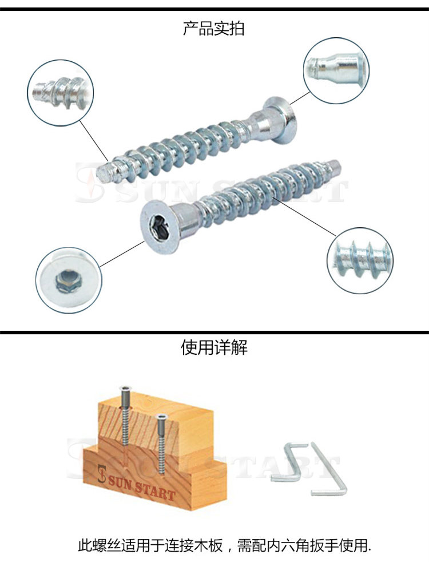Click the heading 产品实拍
coord(214,28)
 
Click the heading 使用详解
coord(214,347)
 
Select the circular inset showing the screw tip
coord(61,93)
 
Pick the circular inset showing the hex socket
coord(69,280)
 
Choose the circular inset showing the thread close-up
coord(360,260)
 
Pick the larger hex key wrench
coord(328,469)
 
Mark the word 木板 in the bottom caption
coord(207,546)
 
